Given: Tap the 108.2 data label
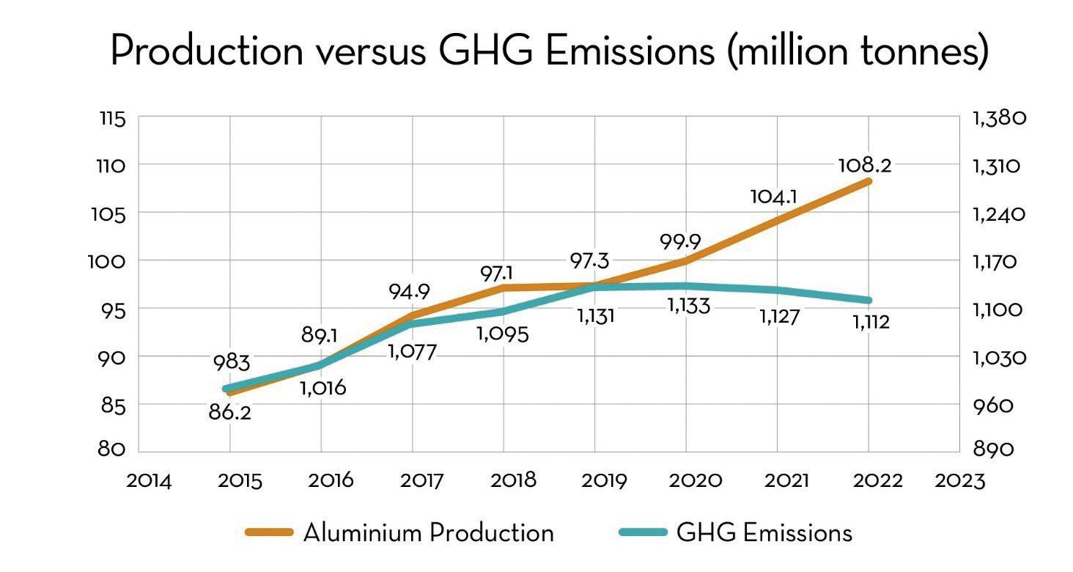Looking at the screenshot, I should coord(864,165).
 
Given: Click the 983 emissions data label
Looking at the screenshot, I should coord(232,363).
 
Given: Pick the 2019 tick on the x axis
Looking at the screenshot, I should coord(603,481).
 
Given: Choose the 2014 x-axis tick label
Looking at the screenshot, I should coord(149,481).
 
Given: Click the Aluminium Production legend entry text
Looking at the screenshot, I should coord(428,532).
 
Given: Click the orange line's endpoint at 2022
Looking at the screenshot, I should coord(869,181).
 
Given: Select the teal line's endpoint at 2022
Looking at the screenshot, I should coord(869,300).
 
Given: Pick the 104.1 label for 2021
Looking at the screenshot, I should coord(773,197).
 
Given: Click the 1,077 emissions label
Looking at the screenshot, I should coord(412,352).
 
